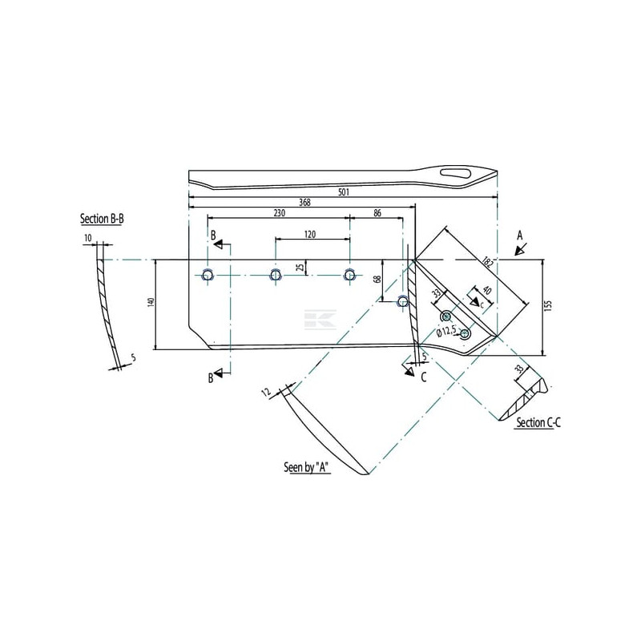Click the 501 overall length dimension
pyautogui.click(x=344, y=191)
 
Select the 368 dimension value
pyautogui.click(x=304, y=203)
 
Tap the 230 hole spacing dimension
pyautogui.click(x=279, y=213)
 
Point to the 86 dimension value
pyautogui.click(x=377, y=213)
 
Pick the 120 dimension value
pyautogui.click(x=310, y=235)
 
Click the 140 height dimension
pyautogui.click(x=151, y=303)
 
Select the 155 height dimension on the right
pyautogui.click(x=548, y=306)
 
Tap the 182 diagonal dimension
pyautogui.click(x=488, y=262)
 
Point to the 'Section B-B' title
pyautogui.click(x=102, y=219)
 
